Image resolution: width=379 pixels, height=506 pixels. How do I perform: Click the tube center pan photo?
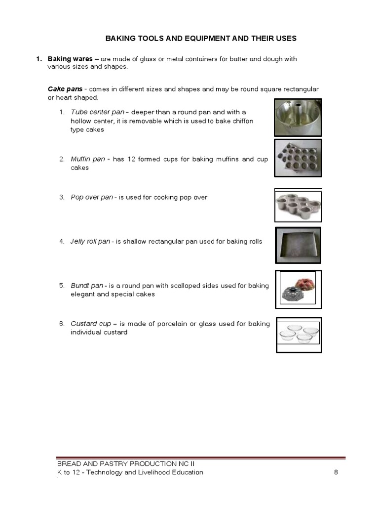pyautogui.click(x=298, y=117)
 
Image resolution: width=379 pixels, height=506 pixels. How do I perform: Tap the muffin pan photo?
pyautogui.click(x=298, y=158)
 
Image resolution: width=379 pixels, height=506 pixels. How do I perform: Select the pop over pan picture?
pyautogui.click(x=298, y=205)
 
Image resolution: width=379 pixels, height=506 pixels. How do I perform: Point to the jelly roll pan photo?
pyautogui.click(x=298, y=246)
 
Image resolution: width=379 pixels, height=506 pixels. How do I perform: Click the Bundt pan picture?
pyautogui.click(x=298, y=289)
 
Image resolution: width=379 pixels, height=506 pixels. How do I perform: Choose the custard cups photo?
pyautogui.click(x=299, y=335)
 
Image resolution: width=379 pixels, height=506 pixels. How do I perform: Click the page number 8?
pyautogui.click(x=336, y=472)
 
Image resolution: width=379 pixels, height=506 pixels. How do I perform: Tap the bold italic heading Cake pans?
pyautogui.click(x=64, y=89)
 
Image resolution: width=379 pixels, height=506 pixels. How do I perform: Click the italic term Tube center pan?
pyautogui.click(x=97, y=112)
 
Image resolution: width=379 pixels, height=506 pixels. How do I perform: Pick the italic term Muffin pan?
pyautogui.click(x=88, y=159)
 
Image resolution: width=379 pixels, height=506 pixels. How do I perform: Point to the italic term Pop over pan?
pyautogui.click(x=92, y=197)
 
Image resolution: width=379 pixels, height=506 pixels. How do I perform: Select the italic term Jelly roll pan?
pyautogui.click(x=90, y=242)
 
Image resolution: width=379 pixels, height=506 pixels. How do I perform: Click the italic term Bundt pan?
pyautogui.click(x=87, y=286)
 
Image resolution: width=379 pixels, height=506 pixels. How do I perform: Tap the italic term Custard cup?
pyautogui.click(x=91, y=324)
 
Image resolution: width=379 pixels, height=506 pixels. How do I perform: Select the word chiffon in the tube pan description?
pyautogui.click(x=242, y=121)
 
